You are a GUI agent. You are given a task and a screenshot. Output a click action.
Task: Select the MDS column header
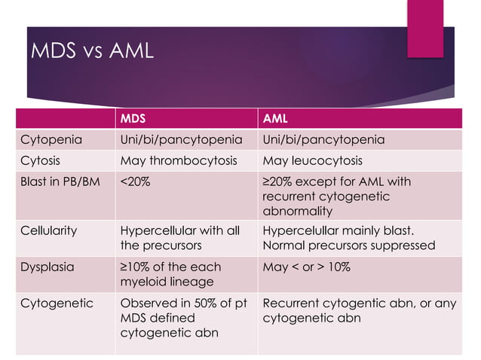click(x=133, y=119)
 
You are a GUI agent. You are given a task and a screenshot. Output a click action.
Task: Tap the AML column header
click(x=275, y=119)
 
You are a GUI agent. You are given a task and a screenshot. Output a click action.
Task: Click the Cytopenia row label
click(x=52, y=140)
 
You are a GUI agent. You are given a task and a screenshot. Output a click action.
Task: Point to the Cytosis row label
click(x=41, y=160)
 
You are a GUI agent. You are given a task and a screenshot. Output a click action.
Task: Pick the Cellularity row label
click(x=49, y=231)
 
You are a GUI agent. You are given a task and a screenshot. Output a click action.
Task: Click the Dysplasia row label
click(x=46, y=267)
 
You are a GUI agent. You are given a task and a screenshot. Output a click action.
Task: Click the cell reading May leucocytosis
click(x=313, y=160)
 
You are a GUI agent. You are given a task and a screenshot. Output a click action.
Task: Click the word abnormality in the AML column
click(x=298, y=211)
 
